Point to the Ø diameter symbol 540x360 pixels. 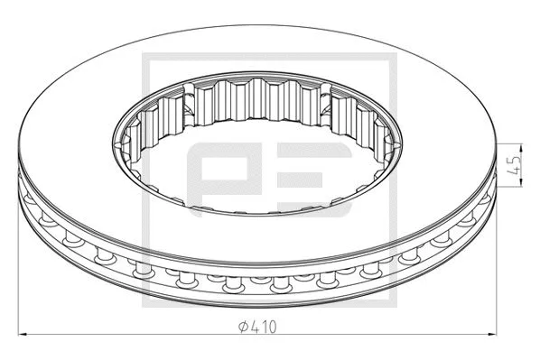(245, 327)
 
